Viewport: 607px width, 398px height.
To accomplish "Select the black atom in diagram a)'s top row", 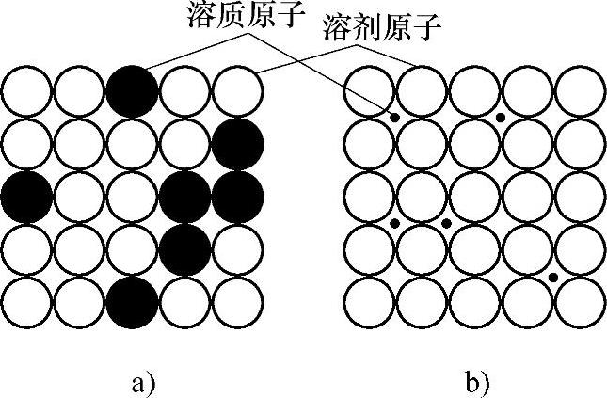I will (x=132, y=91).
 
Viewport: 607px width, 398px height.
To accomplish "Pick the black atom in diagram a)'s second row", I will (x=237, y=144).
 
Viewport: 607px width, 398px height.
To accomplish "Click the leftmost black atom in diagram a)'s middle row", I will (x=26, y=197).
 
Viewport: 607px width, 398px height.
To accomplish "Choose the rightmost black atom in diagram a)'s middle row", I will (x=237, y=197).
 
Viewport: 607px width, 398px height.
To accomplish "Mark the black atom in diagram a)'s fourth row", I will (x=184, y=249).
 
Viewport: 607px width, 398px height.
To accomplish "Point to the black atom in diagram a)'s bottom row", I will (x=132, y=302).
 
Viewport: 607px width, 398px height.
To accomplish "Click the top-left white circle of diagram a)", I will (x=26, y=91).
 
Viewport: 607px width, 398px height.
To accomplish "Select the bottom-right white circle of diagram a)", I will (x=237, y=302).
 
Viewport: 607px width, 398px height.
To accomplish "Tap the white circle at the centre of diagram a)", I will (x=132, y=197).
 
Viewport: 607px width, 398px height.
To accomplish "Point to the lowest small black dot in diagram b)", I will (x=553, y=277).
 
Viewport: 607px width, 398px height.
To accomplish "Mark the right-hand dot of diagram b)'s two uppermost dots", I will (x=501, y=117).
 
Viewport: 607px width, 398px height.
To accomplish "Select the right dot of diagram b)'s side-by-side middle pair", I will (x=447, y=223).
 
